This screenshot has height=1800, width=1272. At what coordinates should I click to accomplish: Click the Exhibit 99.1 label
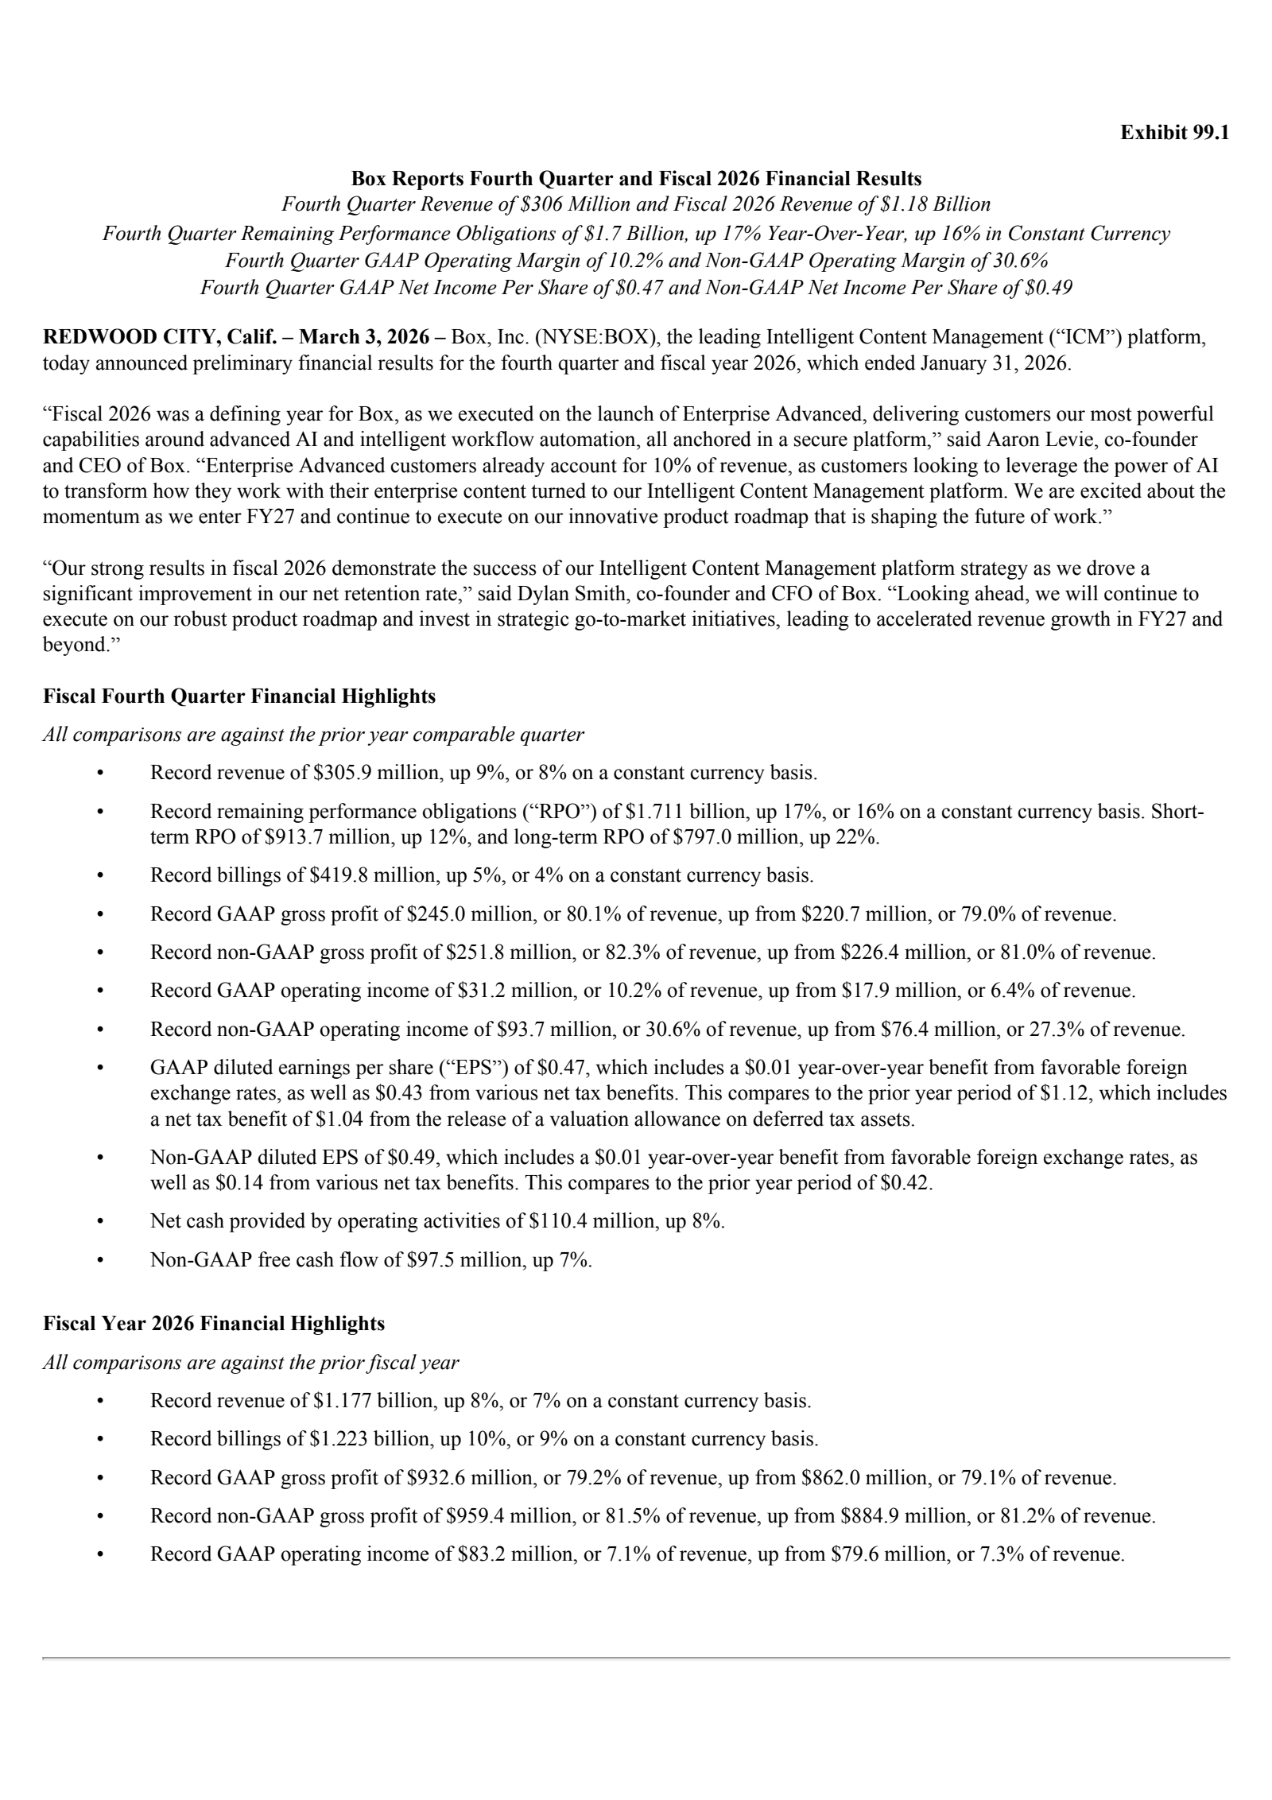click(x=1174, y=133)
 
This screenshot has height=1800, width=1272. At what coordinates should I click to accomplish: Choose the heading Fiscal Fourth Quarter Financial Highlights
click(x=239, y=696)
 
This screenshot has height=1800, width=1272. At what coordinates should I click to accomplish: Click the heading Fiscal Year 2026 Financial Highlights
click(x=214, y=1324)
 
